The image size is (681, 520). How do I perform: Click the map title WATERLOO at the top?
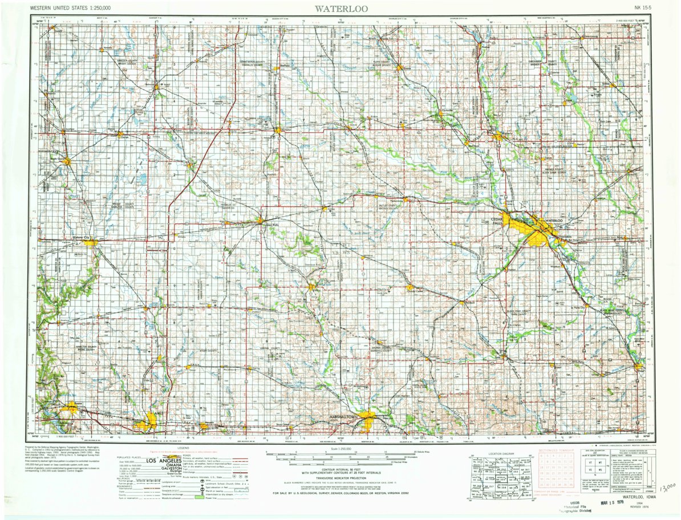(x=340, y=8)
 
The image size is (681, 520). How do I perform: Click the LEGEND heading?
(x=183, y=448)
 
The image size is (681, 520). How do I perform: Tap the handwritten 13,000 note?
(x=666, y=487)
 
